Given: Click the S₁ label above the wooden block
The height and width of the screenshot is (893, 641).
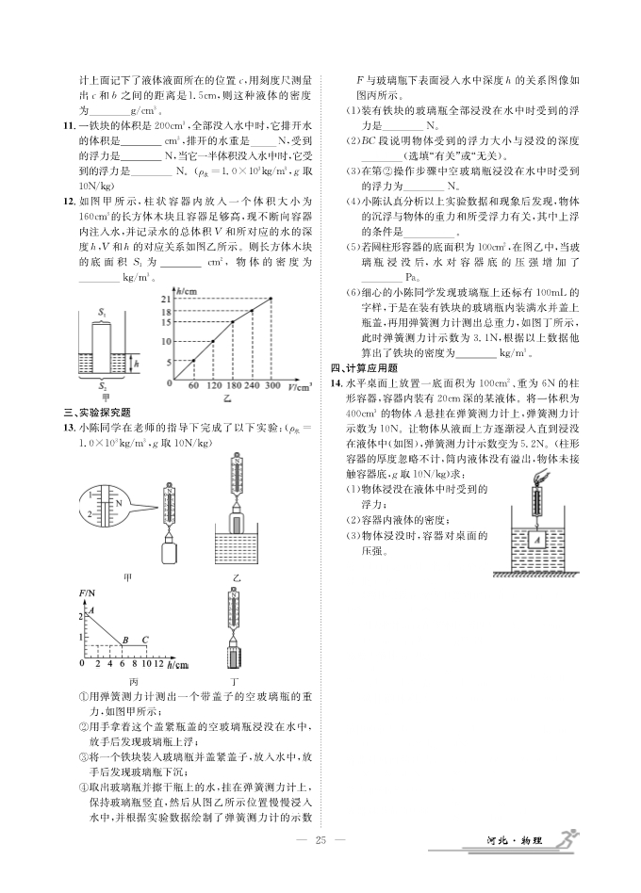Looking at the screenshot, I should (103, 309).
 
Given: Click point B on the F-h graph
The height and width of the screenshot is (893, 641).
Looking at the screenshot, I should (123, 641).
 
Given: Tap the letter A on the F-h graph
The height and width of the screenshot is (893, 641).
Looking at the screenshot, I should (91, 611).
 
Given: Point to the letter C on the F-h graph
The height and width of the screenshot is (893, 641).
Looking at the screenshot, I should (144, 641).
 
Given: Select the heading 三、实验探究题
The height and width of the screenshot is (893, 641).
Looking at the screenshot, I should (96, 413).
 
